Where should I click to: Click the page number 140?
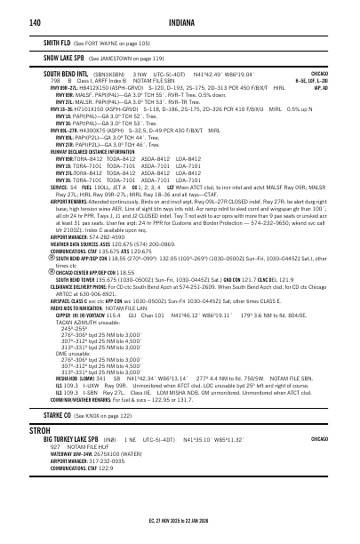coord(36,21)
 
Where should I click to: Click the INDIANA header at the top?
coord(180,21)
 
